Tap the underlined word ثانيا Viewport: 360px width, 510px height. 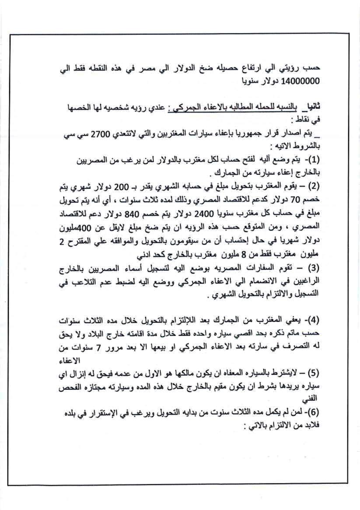[311, 106]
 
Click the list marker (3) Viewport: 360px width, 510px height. [314, 267]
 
